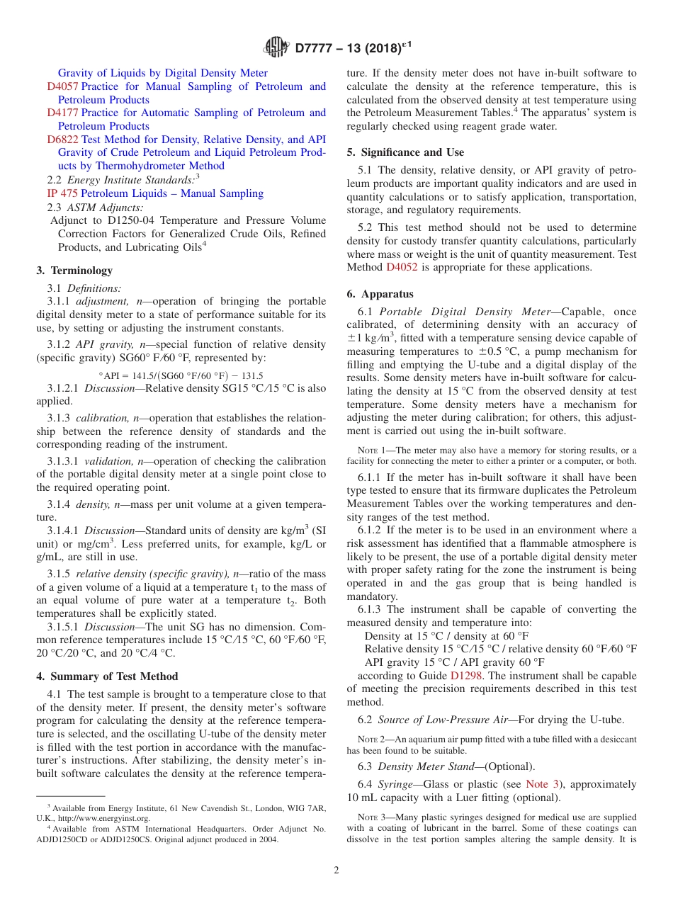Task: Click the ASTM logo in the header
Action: tap(276, 47)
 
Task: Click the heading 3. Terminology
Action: tap(74, 271)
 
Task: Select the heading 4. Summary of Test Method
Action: tap(107, 676)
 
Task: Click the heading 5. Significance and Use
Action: tap(405, 152)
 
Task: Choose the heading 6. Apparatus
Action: tap(380, 294)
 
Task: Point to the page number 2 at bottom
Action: tap(336, 871)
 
